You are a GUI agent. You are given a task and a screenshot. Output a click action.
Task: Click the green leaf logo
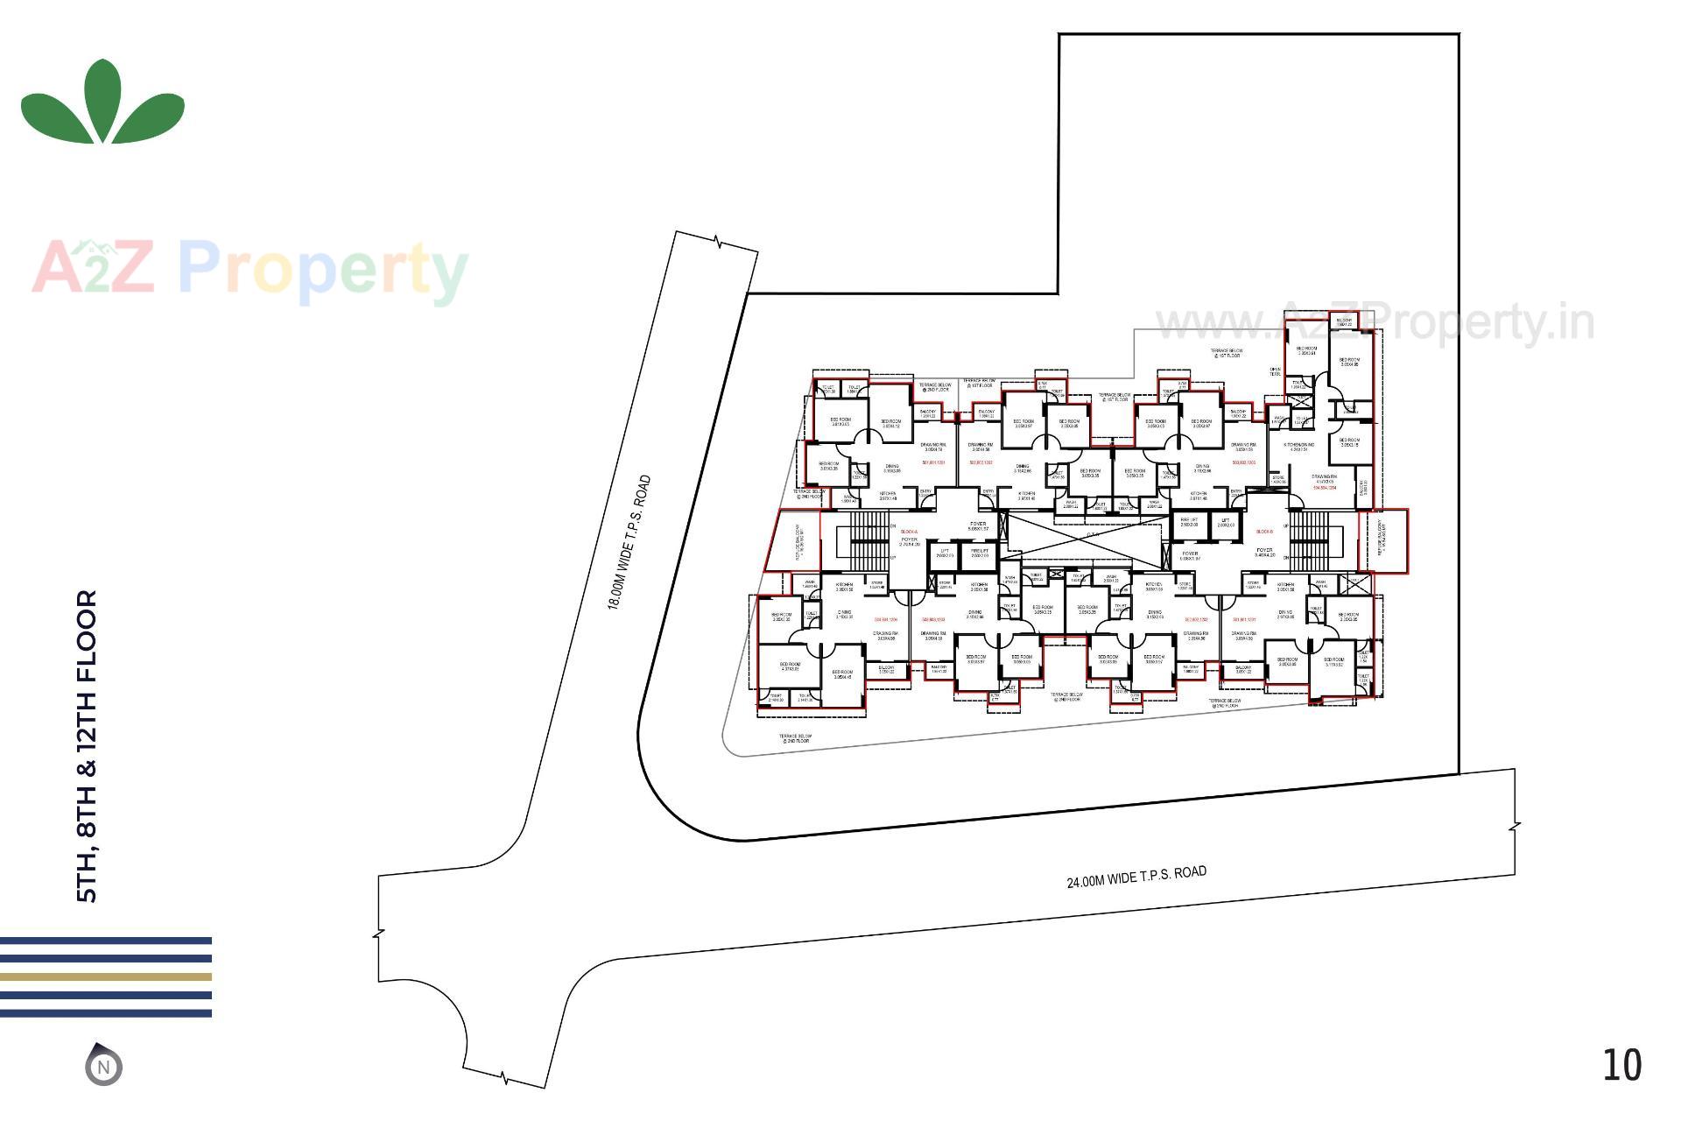[102, 103]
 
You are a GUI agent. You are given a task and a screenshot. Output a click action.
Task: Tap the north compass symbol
[103, 1066]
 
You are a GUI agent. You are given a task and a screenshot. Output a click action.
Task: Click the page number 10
[1621, 1065]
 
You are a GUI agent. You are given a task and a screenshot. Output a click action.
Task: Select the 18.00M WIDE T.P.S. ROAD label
[630, 542]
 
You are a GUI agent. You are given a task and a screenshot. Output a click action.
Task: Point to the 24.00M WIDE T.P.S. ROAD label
[1136, 877]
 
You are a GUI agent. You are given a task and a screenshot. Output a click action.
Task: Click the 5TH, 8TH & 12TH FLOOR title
[88, 745]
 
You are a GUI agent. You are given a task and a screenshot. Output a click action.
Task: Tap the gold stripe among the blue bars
[105, 976]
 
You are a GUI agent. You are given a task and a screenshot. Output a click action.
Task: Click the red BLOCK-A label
[909, 532]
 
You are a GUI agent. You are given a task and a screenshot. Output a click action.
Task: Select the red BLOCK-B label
[1263, 532]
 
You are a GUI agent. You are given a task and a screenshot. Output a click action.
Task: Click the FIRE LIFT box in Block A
[978, 553]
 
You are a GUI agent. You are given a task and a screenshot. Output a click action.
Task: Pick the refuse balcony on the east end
[1382, 541]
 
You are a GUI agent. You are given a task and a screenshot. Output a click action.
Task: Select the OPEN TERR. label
[1275, 371]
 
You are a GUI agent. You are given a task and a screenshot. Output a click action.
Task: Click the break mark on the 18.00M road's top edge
[718, 242]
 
